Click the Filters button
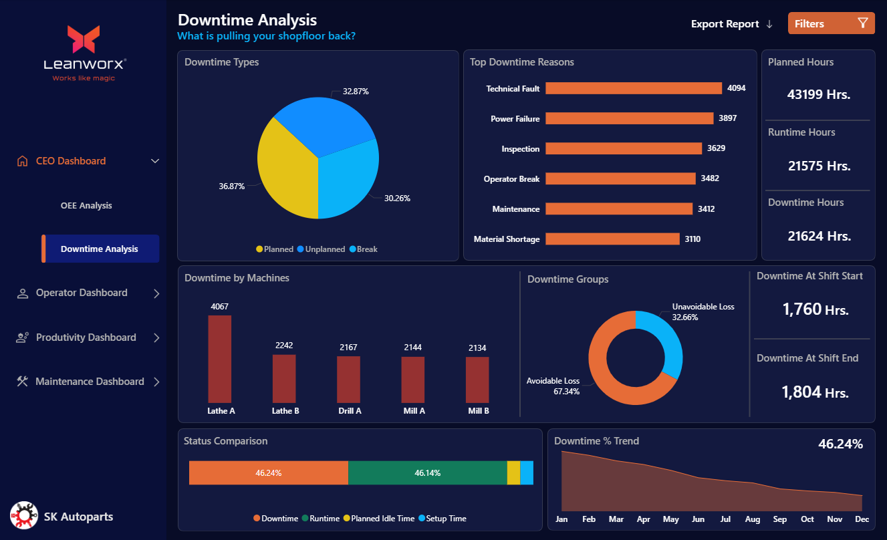pyautogui.click(x=831, y=23)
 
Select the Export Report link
pyautogui.click(x=731, y=24)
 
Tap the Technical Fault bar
pyautogui.click(x=634, y=88)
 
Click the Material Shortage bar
pyautogui.click(x=612, y=239)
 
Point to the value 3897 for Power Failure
pyautogui.click(x=727, y=118)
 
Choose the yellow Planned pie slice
pyautogui.click(x=284, y=174)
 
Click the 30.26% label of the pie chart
pyautogui.click(x=397, y=198)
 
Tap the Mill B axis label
pyautogui.click(x=478, y=411)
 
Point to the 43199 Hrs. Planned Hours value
pyautogui.click(x=818, y=94)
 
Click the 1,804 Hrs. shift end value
pyautogui.click(x=815, y=392)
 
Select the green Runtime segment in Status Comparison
pyautogui.click(x=427, y=472)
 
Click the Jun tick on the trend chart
pyautogui.click(x=698, y=519)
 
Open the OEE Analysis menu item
pyautogui.click(x=86, y=205)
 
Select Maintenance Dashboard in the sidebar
pyautogui.click(x=90, y=382)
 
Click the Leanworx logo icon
pyautogui.click(x=84, y=39)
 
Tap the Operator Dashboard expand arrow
pyautogui.click(x=156, y=293)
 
